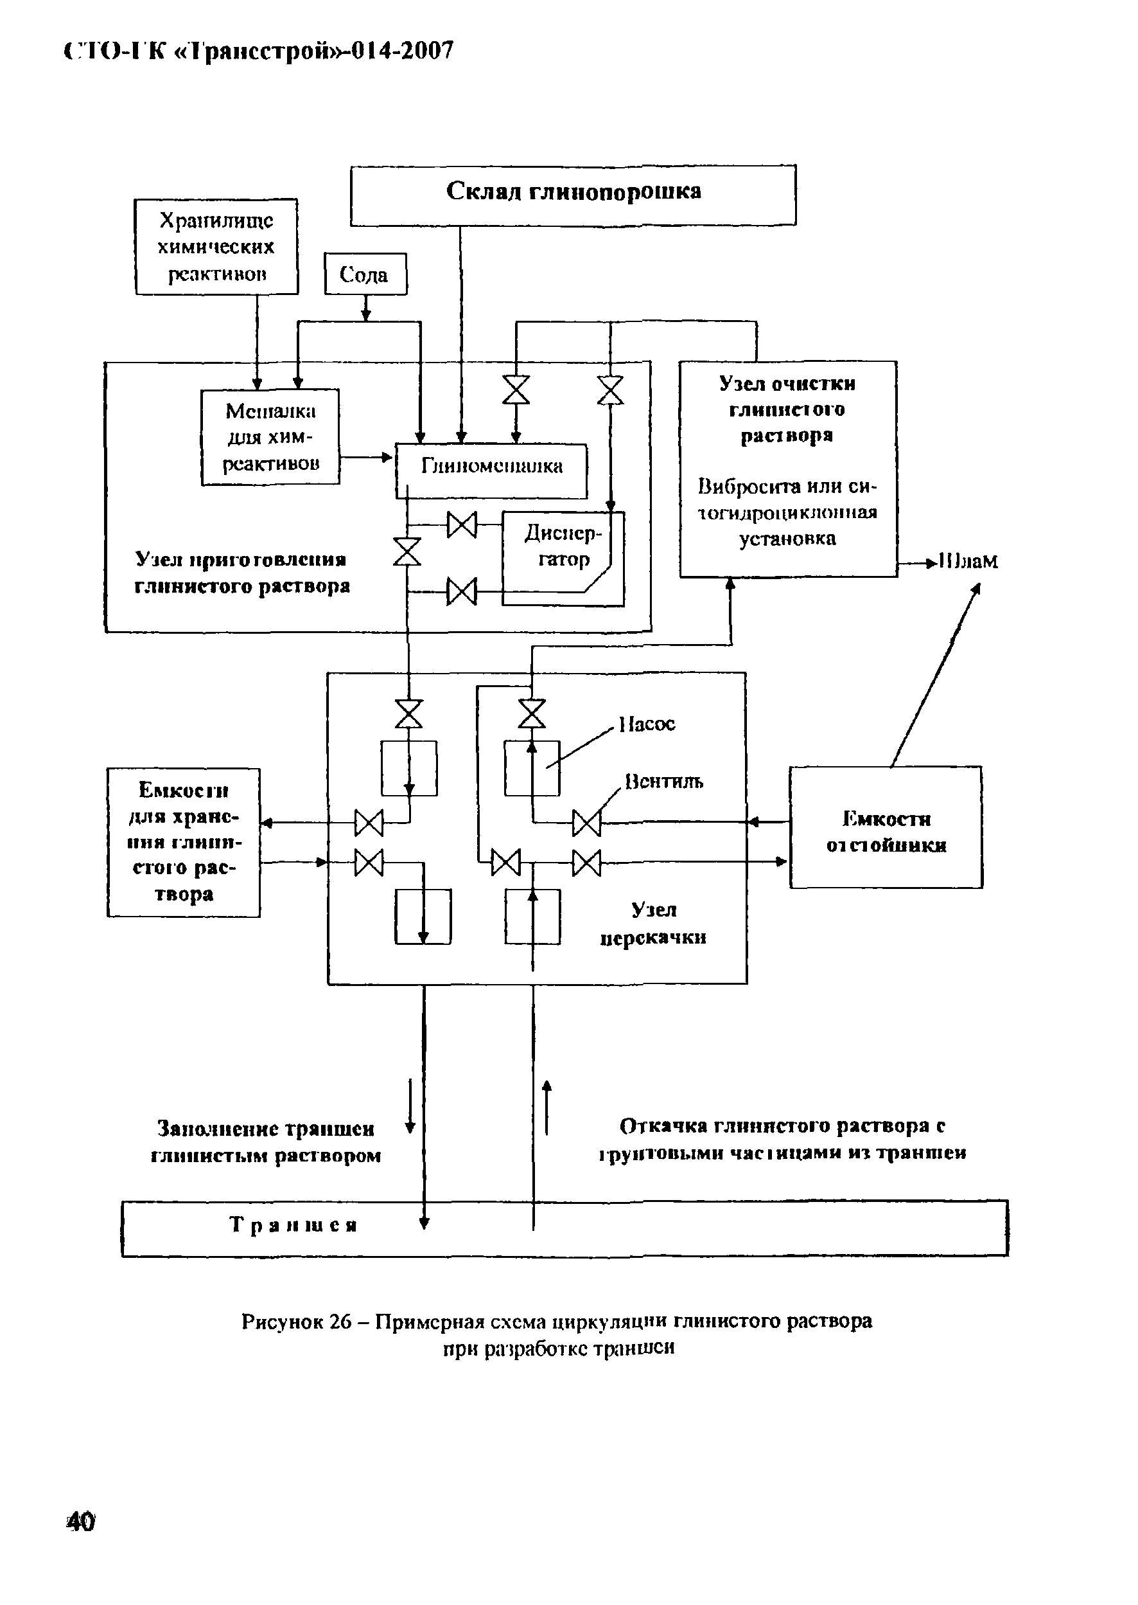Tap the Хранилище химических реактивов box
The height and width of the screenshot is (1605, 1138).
click(x=216, y=247)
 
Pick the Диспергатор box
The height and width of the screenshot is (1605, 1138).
click(x=563, y=548)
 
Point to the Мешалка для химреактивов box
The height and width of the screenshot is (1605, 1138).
click(x=270, y=437)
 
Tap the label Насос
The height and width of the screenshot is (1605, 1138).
click(x=647, y=724)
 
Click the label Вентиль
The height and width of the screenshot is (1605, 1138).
click(x=663, y=781)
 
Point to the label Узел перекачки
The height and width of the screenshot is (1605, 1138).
click(x=653, y=924)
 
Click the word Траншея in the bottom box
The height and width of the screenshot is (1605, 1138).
click(x=293, y=1225)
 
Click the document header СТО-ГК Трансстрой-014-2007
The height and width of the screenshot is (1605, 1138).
click(x=259, y=51)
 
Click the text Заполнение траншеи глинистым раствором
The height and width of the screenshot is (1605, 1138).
click(x=266, y=1142)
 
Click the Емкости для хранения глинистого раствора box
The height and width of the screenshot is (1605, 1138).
click(x=183, y=842)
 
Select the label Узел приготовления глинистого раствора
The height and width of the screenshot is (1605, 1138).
click(x=241, y=572)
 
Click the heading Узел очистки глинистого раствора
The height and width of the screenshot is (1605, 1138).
click(x=787, y=409)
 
